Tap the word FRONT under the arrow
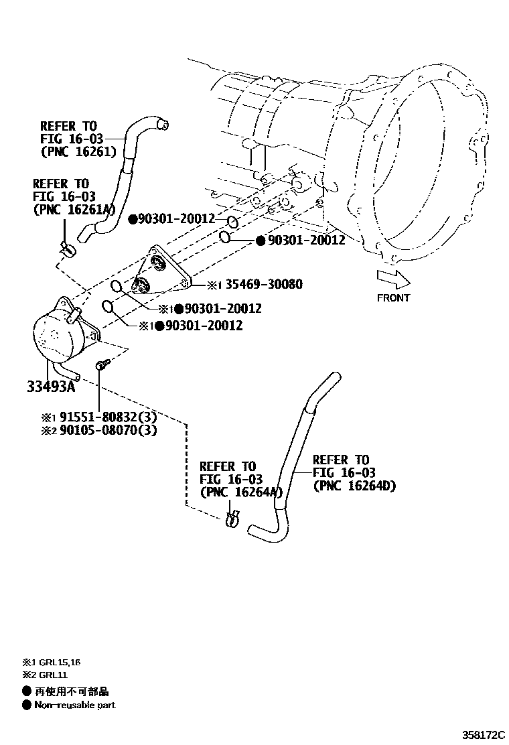(393, 297)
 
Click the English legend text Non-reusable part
(74, 705)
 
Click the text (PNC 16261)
(78, 151)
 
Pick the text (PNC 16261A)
(74, 209)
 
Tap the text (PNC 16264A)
(239, 492)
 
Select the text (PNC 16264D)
(354, 486)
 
